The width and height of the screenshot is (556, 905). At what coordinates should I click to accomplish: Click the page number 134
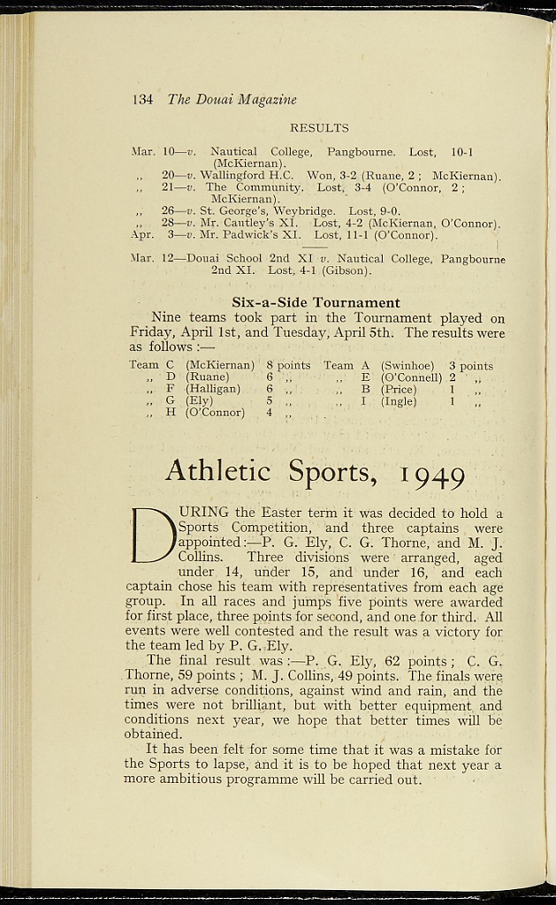click(x=142, y=100)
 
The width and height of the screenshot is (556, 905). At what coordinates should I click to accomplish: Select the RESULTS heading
click(x=319, y=128)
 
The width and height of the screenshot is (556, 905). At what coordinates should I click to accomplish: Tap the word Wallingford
click(x=234, y=175)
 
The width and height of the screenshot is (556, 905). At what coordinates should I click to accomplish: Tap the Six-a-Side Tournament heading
click(x=316, y=302)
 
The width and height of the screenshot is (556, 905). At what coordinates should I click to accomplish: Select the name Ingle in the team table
click(x=399, y=401)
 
